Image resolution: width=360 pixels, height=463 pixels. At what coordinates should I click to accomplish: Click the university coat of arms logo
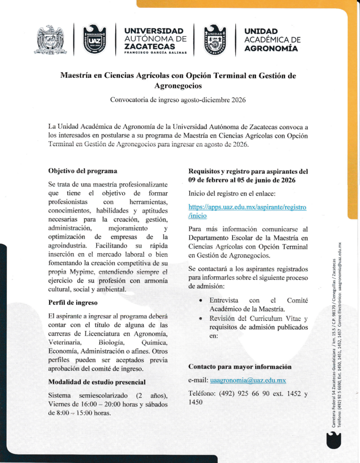coord(51,40)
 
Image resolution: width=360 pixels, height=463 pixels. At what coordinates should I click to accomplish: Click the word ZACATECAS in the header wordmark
coord(150,47)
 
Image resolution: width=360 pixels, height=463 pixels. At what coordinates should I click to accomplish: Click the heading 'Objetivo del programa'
coord(83,171)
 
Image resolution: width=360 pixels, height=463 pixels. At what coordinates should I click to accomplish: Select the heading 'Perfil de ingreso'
coord(73,302)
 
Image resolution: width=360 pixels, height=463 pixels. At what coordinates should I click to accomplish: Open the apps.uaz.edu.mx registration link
coord(247,212)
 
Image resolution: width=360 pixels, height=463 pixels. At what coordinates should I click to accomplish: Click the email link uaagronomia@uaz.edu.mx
coord(248,381)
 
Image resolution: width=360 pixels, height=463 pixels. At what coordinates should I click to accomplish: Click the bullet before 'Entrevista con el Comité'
coord(200,301)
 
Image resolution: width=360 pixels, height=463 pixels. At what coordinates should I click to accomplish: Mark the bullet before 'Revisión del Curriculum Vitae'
coord(200,319)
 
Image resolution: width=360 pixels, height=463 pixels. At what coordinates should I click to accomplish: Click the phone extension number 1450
coord(196,402)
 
